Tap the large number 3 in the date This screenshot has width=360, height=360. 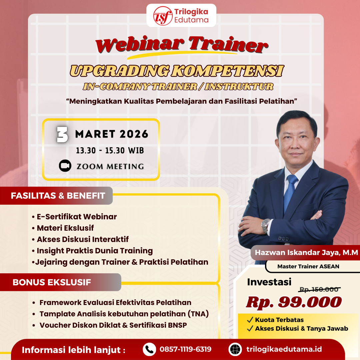62,135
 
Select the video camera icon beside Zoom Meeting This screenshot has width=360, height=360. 65,166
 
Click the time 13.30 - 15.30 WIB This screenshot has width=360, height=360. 110,151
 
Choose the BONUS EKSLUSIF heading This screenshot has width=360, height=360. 52,282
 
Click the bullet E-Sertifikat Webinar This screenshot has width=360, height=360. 77,217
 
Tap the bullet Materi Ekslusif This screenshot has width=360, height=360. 65,228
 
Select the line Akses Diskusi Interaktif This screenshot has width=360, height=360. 82,239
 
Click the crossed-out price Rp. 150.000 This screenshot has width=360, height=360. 319,290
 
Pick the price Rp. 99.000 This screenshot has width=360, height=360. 294,302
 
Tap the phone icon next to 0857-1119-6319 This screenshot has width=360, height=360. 149,349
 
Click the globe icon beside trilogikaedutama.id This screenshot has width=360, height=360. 235,349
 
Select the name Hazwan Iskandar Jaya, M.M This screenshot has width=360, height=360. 306,253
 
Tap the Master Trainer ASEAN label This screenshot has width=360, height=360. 308,266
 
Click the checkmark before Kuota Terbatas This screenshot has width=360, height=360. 250,320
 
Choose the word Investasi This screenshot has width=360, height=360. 269,282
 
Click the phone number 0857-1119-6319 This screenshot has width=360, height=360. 185,349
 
